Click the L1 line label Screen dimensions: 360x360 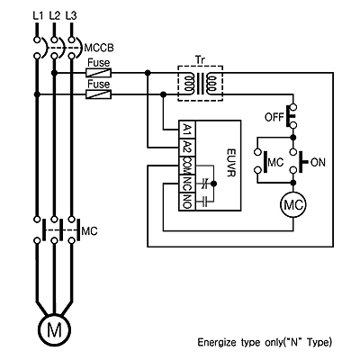(x=38, y=15)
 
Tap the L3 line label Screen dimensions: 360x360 (x=71, y=15)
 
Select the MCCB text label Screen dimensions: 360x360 (x=99, y=48)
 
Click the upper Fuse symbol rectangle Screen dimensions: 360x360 (x=99, y=72)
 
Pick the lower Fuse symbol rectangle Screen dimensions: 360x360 (x=99, y=94)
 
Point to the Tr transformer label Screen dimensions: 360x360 (x=200, y=59)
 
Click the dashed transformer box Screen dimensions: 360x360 (x=201, y=66)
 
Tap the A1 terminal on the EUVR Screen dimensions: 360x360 (x=187, y=130)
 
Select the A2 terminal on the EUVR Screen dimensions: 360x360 (x=187, y=148)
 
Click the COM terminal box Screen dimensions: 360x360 (x=187, y=166)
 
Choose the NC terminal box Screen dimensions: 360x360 (x=187, y=184)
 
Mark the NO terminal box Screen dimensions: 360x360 (x=187, y=202)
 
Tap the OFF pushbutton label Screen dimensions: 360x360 (x=274, y=117)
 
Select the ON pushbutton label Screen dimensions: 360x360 (x=318, y=163)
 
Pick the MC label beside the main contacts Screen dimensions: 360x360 (x=89, y=231)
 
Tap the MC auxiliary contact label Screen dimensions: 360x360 (x=275, y=163)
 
